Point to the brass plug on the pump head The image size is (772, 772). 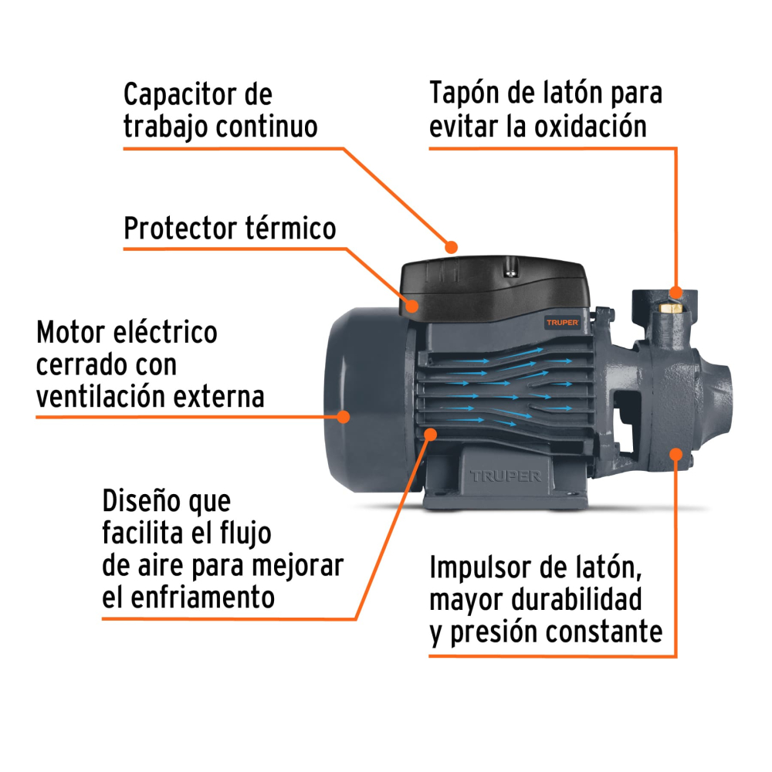click(x=669, y=306)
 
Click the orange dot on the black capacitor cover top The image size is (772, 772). click(x=452, y=247)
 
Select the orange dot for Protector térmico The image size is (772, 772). click(x=412, y=306)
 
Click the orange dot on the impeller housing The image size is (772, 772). click(x=676, y=454)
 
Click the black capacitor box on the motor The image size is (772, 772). click(x=494, y=289)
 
